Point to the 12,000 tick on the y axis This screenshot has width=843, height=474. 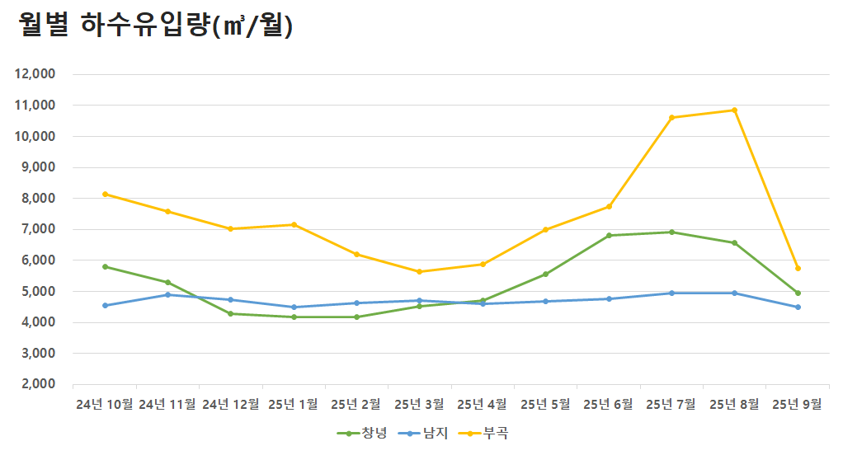pyautogui.click(x=35, y=74)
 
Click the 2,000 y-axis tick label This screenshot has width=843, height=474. pyautogui.click(x=37, y=384)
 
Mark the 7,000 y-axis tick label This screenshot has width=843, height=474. pyautogui.click(x=37, y=229)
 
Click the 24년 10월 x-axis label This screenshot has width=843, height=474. pyautogui.click(x=105, y=405)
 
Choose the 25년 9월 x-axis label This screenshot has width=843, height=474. pyautogui.click(x=798, y=405)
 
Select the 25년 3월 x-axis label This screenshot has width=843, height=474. pyautogui.click(x=420, y=405)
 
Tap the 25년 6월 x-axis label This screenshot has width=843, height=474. pyautogui.click(x=609, y=405)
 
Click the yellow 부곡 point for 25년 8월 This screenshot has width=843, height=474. pyautogui.click(x=734, y=110)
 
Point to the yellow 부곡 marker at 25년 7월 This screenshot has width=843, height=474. pyautogui.click(x=671, y=117)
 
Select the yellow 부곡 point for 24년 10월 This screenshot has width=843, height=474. pyautogui.click(x=105, y=194)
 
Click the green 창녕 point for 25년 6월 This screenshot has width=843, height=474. pyautogui.click(x=609, y=235)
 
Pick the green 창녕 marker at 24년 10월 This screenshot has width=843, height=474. pyautogui.click(x=105, y=266)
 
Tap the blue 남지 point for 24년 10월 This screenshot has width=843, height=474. pyautogui.click(x=105, y=305)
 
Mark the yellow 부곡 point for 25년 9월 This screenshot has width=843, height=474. pyautogui.click(x=798, y=268)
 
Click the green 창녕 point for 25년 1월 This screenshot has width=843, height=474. pyautogui.click(x=294, y=317)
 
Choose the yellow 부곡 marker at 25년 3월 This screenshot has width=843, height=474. pyautogui.click(x=420, y=271)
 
